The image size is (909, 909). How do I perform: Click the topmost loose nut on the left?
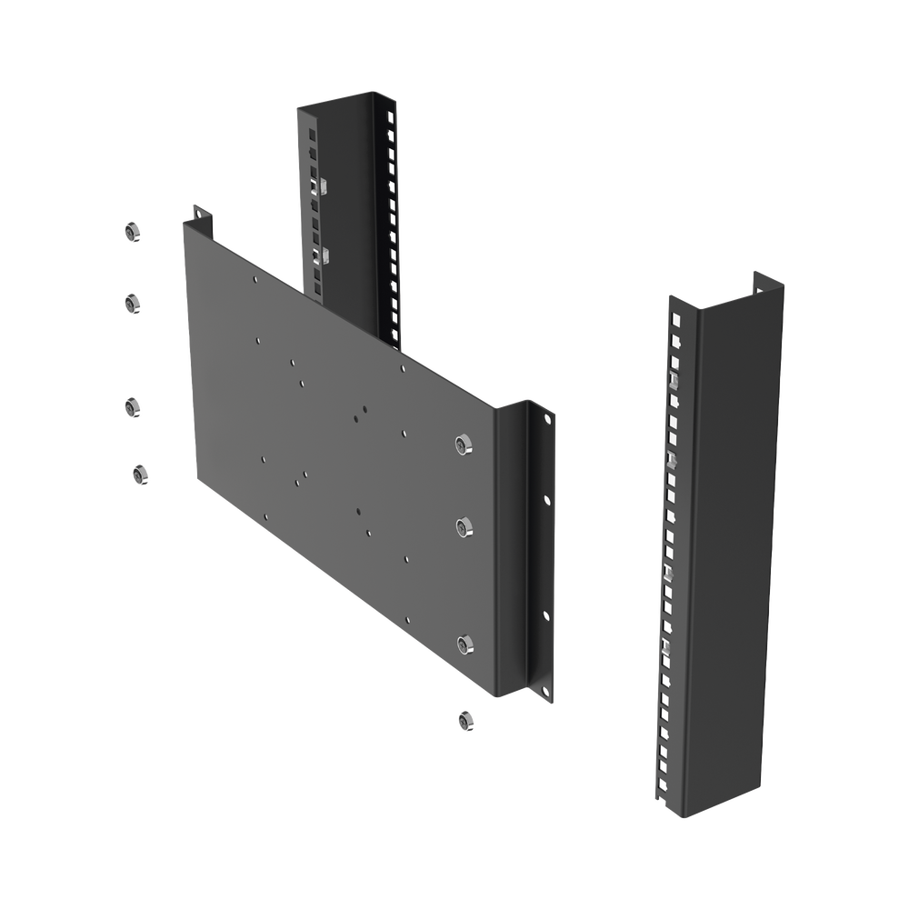(x=132, y=232)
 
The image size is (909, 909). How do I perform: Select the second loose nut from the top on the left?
(x=132, y=301)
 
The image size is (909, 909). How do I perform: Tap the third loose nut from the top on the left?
(x=132, y=406)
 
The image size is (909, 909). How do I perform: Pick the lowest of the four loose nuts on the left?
(x=139, y=474)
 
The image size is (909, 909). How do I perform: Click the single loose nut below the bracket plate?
(x=465, y=720)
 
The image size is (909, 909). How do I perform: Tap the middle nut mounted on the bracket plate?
(x=465, y=527)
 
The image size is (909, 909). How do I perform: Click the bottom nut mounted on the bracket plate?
(x=465, y=644)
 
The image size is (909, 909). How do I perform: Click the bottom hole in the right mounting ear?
(x=548, y=694)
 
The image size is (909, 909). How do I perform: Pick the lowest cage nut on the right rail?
(x=664, y=646)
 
